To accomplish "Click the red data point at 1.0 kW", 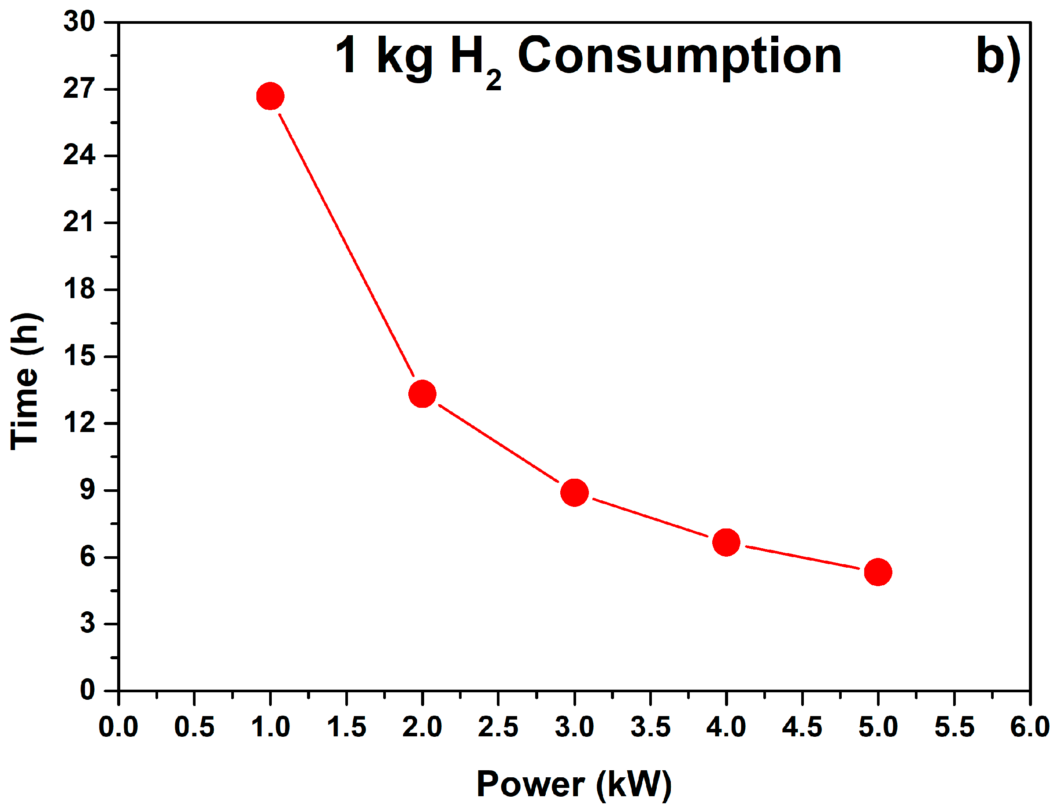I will coord(270,96).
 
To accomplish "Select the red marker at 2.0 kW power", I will coord(422,393).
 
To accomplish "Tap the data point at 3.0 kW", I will coord(574,492).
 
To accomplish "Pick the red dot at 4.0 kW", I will coord(726,542).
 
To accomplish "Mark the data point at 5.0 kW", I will coord(877,572).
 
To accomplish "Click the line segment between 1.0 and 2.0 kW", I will coord(346,244).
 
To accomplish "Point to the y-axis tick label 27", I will coord(79,89).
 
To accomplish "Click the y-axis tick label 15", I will coord(79,356).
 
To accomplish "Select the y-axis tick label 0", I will coord(87,690).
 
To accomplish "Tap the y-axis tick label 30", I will coord(79,22).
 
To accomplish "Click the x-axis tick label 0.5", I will coord(194,727).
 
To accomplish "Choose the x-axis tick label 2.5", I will coord(498,727).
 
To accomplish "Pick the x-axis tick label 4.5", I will coord(802,727).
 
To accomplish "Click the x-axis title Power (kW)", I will coord(573,784).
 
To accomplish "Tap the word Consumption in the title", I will coord(679,57).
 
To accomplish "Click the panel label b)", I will coord(998,57).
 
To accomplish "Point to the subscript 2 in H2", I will coord(493,80).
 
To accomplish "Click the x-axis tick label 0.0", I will coord(118,727).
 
